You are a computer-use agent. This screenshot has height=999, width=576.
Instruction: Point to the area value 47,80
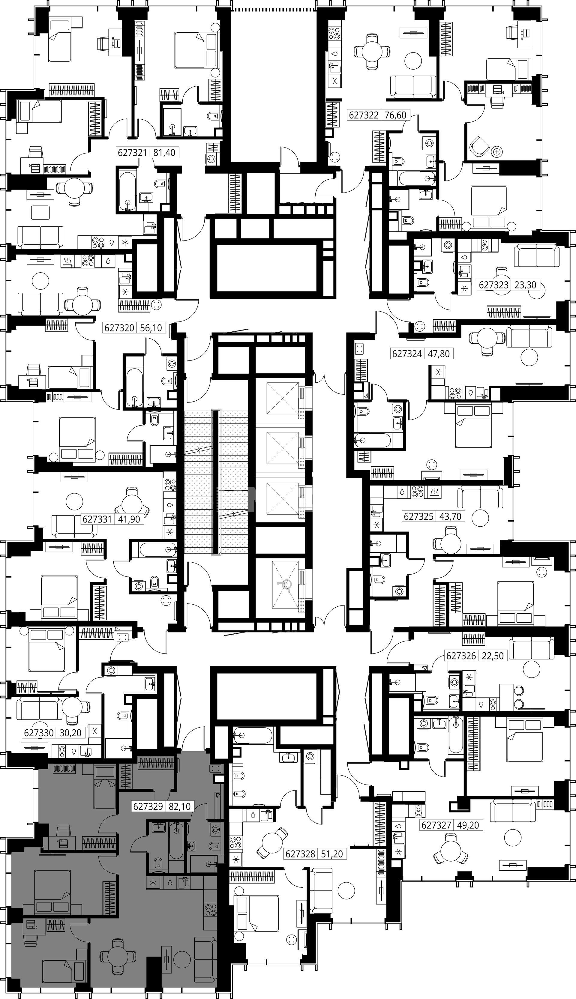click(x=439, y=354)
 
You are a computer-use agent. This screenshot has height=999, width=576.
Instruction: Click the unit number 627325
click(x=418, y=516)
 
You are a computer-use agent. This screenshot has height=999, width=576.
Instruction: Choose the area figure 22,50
click(x=493, y=656)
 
